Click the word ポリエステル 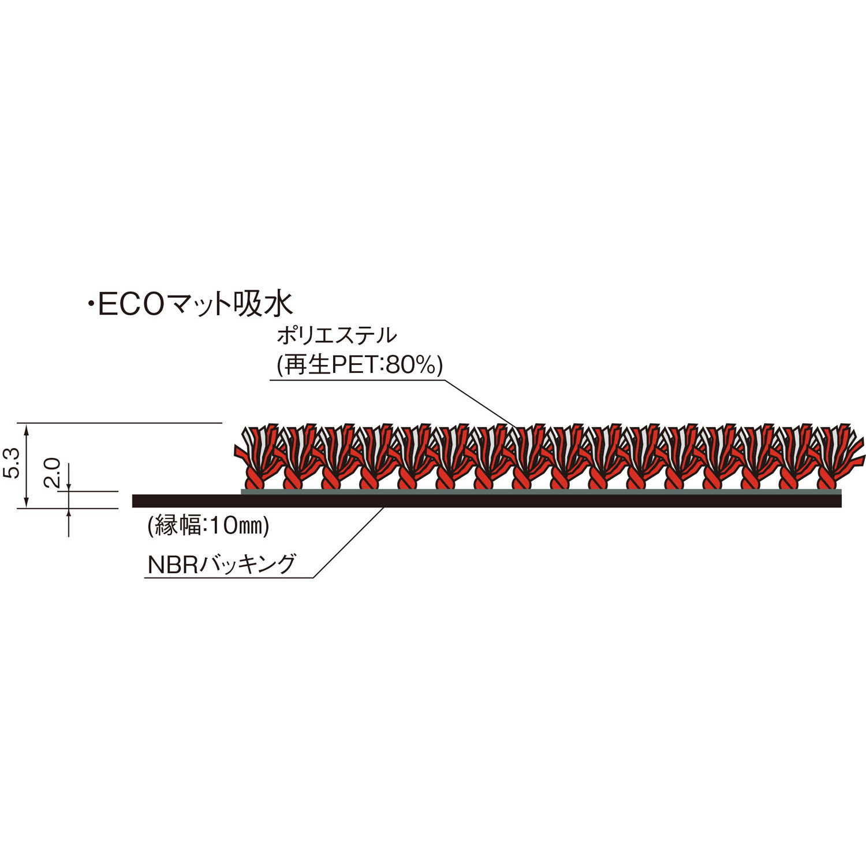tap(337, 335)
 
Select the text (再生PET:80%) tap(360, 365)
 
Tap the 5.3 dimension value tap(14, 464)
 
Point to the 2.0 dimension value tap(53, 472)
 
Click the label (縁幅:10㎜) tap(208, 525)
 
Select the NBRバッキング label tap(222, 565)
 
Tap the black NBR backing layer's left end tap(133, 501)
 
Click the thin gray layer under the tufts tap(541, 491)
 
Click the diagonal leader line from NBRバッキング tap(349, 542)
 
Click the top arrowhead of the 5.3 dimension tap(26, 428)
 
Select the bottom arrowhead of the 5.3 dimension tap(26, 503)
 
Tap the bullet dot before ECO tap(90, 304)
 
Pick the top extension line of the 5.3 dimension tap(120, 423)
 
